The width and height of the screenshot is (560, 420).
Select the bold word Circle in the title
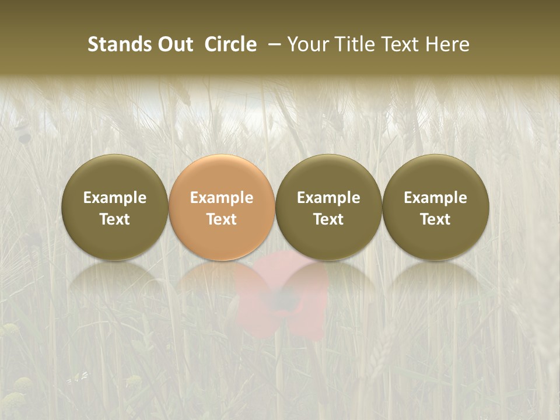[x=230, y=44]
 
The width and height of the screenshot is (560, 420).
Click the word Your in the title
[x=306, y=44]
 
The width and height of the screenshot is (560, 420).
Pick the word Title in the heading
[x=350, y=44]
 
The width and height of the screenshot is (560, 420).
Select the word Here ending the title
[x=447, y=44]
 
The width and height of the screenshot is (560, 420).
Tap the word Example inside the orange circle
[x=222, y=198]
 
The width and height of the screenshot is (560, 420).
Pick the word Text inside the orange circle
[x=222, y=219]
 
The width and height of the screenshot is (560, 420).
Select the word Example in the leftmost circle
[x=115, y=198]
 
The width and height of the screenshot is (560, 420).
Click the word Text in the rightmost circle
[x=436, y=219]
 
